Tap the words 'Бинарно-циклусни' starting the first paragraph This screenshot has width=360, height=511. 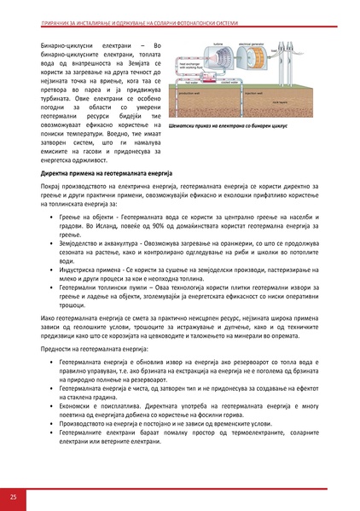click(x=50, y=42)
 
